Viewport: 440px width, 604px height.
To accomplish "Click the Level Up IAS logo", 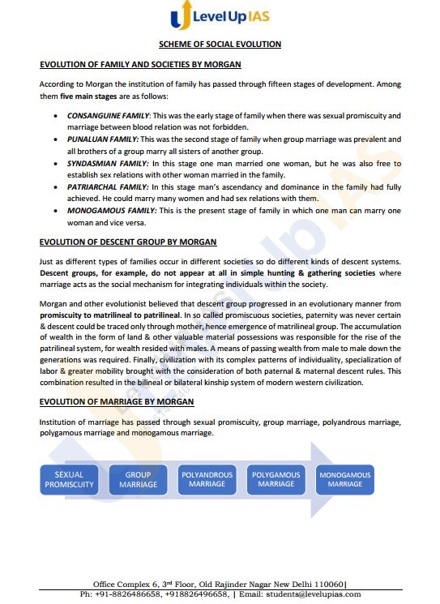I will click(220, 19).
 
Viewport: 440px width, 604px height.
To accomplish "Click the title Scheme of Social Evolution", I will click(220, 44).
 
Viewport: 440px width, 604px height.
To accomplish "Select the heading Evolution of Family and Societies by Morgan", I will click(139, 64).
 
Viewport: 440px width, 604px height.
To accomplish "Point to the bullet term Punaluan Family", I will click(100, 139).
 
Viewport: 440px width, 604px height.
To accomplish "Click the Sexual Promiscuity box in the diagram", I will click(69, 479).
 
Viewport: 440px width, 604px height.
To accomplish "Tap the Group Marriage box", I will click(139, 479).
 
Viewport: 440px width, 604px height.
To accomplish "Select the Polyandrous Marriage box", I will click(207, 479).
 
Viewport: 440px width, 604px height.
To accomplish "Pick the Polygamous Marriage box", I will click(276, 479).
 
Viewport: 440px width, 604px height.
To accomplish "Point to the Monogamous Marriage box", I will click(345, 479).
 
